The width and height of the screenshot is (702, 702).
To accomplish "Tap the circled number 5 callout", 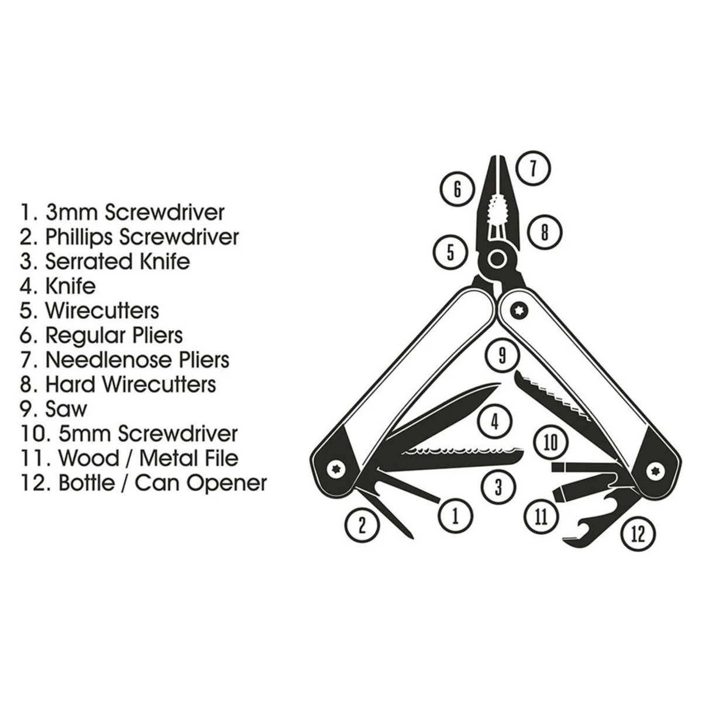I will point(450,253).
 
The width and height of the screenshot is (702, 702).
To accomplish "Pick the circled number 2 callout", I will point(362,525).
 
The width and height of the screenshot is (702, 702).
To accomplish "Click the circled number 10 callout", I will point(550,442).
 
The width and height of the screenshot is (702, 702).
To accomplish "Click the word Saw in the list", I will point(66,409).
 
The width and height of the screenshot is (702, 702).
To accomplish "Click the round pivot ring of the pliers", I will point(498,258).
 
